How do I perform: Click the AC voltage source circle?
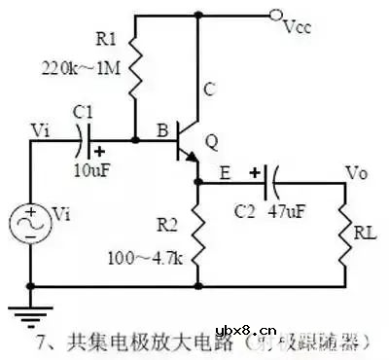[x=30, y=224]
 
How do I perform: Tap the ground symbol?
[x=30, y=308]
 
